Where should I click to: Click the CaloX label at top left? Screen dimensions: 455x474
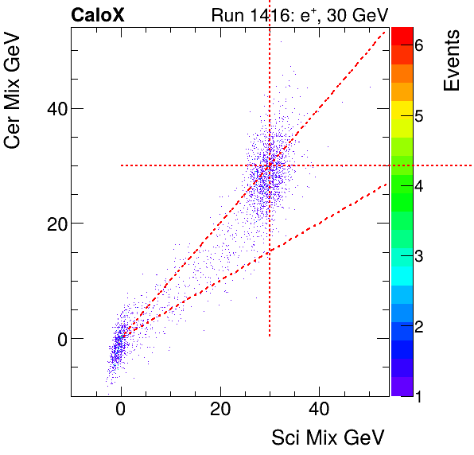(97, 14)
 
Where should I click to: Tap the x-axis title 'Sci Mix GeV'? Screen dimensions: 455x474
(328, 437)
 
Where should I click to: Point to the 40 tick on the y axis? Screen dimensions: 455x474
(50, 108)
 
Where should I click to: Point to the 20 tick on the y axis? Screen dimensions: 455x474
(50, 224)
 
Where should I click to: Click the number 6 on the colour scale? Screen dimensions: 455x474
(418, 46)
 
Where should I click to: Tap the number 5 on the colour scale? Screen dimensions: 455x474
(418, 116)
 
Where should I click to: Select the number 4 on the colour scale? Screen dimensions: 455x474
(418, 186)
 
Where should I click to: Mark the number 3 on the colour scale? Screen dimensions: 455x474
(418, 256)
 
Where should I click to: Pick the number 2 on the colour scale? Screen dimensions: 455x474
(418, 326)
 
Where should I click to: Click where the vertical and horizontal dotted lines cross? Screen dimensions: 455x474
(270, 165)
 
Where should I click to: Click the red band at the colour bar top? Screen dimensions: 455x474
(401, 36)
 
